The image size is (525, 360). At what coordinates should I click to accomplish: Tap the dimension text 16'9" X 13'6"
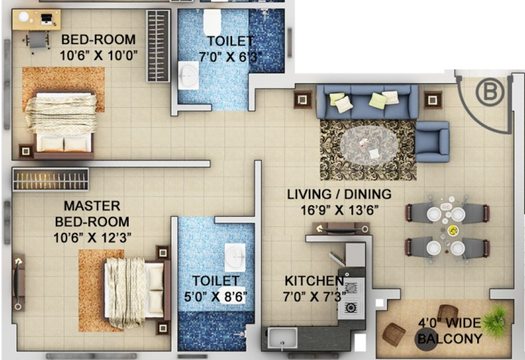tap(339, 209)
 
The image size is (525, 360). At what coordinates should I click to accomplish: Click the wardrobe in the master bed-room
tap(50, 179)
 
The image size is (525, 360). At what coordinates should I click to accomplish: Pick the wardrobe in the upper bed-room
tap(157, 46)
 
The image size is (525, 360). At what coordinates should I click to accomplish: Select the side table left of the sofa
tap(303, 99)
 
